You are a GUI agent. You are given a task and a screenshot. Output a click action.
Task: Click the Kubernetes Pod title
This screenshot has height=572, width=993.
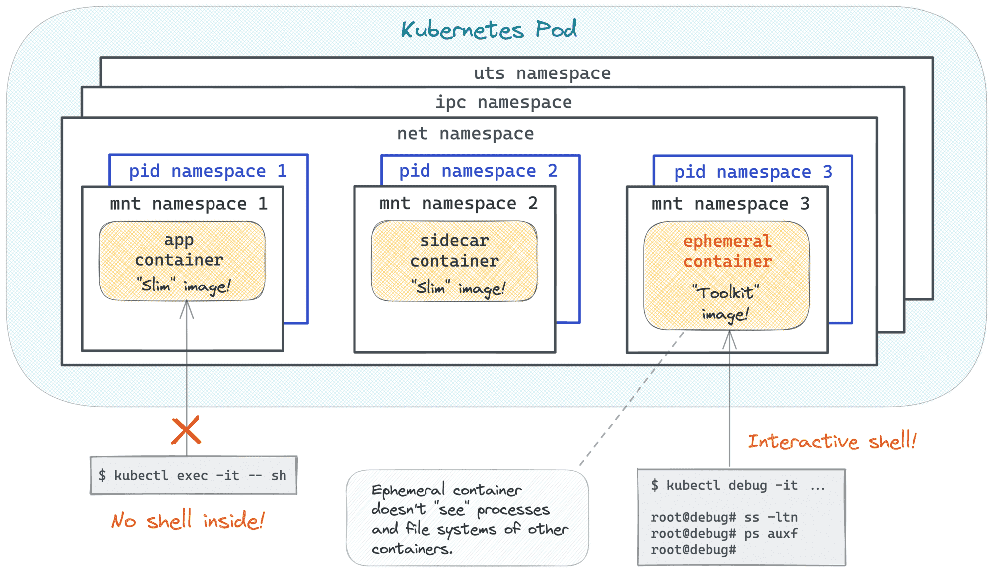489,30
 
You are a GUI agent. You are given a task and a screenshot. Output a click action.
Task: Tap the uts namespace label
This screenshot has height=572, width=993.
542,73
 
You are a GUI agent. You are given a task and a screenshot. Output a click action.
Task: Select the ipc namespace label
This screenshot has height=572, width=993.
503,102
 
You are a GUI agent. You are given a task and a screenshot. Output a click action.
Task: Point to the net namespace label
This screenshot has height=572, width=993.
465,134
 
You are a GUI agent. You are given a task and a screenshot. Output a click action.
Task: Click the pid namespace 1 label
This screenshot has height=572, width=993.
208,171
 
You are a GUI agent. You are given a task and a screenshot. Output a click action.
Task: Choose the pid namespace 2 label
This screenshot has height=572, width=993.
478,171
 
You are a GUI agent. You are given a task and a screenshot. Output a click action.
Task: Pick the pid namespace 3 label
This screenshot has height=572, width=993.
753,172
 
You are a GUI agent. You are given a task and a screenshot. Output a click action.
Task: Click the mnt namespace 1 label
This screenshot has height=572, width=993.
188,204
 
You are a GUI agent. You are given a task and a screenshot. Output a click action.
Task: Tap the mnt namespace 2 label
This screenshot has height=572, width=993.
458,204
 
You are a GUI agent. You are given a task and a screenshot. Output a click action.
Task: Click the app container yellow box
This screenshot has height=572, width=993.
182,261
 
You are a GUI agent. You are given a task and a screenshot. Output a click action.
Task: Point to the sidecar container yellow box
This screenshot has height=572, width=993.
454,261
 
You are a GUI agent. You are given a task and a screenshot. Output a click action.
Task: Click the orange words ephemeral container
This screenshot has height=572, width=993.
727,251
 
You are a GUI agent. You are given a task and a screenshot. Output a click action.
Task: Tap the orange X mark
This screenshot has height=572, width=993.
186,430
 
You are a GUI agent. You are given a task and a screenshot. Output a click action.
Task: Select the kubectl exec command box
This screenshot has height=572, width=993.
194,476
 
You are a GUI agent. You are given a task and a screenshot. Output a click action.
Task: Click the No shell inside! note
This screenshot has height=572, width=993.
188,521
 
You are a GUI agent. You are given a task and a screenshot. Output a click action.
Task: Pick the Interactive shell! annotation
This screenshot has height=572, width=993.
832,441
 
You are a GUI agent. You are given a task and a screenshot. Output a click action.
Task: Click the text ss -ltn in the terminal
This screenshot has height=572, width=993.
771,517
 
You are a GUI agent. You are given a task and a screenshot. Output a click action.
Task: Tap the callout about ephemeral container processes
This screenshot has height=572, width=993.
467,518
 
